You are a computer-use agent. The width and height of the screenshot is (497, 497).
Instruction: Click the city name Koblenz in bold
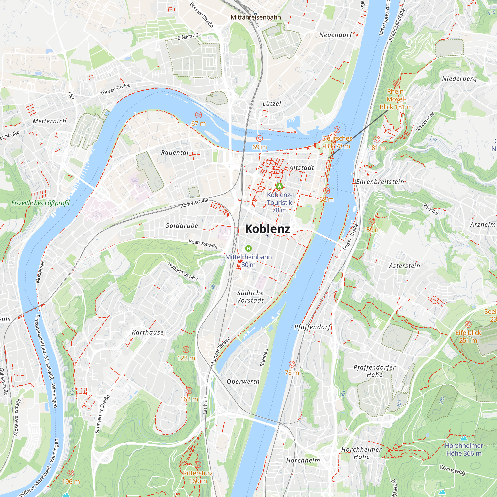pyautogui.click(x=267, y=229)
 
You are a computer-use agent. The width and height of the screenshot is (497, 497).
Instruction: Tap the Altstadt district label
pyautogui.click(x=302, y=168)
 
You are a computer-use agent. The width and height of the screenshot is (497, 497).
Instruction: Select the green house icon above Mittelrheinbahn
pyautogui.click(x=248, y=248)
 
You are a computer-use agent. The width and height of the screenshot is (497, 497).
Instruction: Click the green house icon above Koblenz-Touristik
pyautogui.click(x=279, y=186)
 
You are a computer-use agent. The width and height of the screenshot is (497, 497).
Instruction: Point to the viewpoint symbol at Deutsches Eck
pyautogui.click(x=337, y=130)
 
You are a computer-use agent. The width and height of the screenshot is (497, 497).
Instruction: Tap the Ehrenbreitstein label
pyautogui.click(x=380, y=182)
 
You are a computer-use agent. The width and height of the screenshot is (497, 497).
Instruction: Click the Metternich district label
pyautogui.click(x=49, y=121)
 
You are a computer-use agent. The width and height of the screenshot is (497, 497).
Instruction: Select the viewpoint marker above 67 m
pyautogui.click(x=198, y=115)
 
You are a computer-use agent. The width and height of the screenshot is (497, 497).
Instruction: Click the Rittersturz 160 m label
pyautogui.click(x=198, y=477)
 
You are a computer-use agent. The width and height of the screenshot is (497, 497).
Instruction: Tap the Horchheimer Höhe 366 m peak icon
pyautogui.click(x=464, y=438)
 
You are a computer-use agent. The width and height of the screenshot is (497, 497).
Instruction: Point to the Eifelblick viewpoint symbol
pyautogui.click(x=468, y=324)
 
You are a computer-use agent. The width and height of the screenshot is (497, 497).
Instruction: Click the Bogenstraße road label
pyautogui.click(x=194, y=203)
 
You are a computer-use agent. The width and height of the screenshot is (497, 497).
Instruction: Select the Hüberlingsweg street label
pyautogui.click(x=183, y=271)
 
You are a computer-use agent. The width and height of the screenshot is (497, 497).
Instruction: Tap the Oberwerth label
pyautogui.click(x=243, y=381)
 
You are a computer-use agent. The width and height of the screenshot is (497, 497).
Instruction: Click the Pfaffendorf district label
pyautogui.click(x=312, y=327)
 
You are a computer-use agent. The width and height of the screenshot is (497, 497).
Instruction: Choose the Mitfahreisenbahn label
pyautogui.click(x=255, y=17)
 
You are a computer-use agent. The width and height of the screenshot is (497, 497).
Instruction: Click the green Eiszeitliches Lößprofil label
pyautogui.click(x=41, y=203)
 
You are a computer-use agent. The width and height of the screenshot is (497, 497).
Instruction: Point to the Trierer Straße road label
pyautogui.click(x=115, y=89)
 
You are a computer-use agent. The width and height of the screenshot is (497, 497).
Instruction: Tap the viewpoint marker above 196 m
pyautogui.click(x=71, y=473)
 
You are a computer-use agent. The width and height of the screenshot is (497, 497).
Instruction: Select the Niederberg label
pyautogui.click(x=459, y=79)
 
